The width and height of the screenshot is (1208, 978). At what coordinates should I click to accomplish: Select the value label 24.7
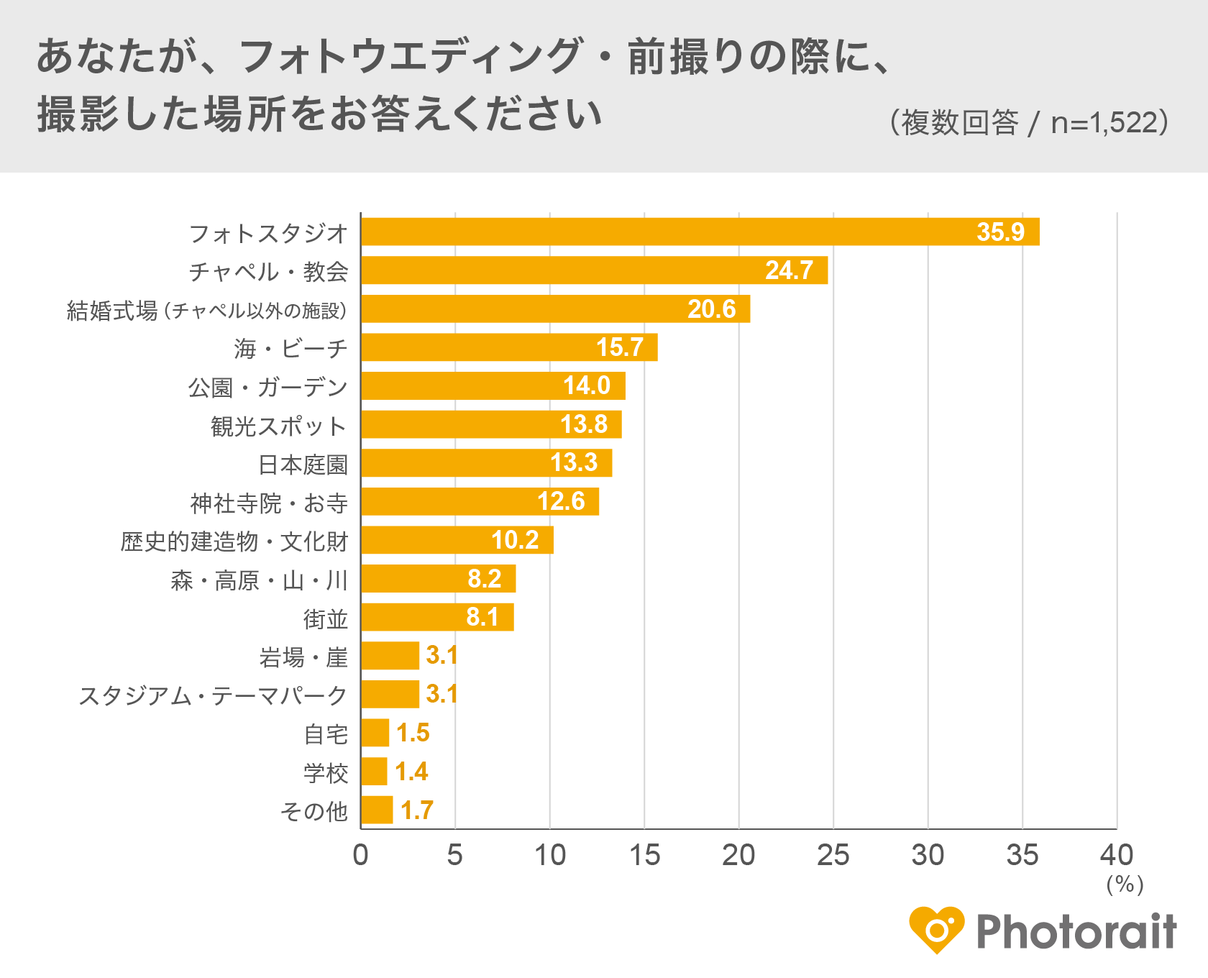point(789,270)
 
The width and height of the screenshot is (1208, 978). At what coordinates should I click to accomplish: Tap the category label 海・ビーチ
point(290,349)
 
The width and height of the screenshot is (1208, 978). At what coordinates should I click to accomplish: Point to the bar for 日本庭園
point(486,463)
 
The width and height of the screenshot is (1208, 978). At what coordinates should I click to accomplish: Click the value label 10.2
point(515,540)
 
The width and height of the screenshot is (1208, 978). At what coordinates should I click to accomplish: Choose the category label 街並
point(326,618)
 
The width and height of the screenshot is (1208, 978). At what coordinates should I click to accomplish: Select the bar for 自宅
point(375,733)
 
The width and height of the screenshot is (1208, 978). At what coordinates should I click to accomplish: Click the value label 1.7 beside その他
point(416,810)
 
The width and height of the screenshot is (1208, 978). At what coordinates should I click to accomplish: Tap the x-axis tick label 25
point(833,856)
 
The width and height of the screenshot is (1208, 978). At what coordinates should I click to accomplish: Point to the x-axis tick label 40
point(1116,856)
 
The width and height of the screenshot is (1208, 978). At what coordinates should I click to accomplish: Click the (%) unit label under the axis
point(1125,885)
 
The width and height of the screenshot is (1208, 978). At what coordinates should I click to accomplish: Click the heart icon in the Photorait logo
point(935,930)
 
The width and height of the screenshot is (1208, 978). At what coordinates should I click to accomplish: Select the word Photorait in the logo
point(1076,932)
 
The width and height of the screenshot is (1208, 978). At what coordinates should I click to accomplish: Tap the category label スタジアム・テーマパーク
point(213,695)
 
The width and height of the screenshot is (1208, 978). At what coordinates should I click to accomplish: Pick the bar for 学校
point(374,772)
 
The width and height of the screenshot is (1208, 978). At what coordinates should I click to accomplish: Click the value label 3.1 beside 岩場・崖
point(441,655)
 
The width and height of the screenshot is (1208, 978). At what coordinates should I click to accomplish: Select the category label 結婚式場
point(112,311)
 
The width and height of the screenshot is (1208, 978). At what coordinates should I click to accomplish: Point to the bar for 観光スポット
point(491,424)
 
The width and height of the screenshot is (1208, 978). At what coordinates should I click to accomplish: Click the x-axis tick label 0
point(360,856)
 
